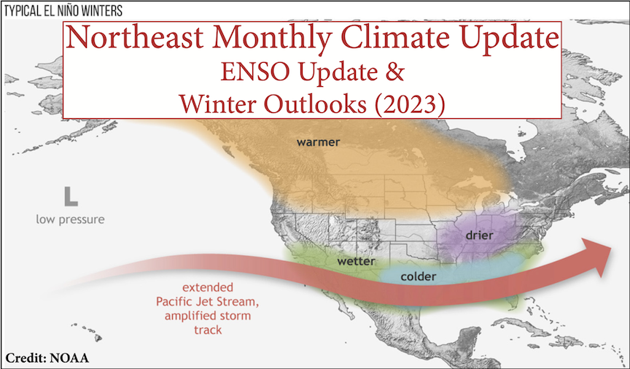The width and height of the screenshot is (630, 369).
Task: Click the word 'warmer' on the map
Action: click(x=318, y=142)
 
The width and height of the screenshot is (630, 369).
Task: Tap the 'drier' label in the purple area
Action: click(x=479, y=235)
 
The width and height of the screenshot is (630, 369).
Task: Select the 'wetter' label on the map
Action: click(x=356, y=262)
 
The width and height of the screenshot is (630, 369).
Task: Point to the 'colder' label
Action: click(x=419, y=276)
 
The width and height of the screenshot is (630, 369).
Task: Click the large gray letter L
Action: click(x=71, y=197)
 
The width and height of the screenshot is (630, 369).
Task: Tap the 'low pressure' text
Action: click(x=70, y=220)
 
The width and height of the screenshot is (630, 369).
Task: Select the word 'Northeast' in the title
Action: click(x=135, y=37)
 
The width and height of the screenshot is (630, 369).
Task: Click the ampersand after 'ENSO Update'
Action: click(x=395, y=72)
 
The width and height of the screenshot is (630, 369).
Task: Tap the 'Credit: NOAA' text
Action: click(x=47, y=358)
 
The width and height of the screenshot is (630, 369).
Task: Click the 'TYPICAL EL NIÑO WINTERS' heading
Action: click(x=63, y=11)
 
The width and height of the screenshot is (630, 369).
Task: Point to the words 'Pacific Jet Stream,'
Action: click(x=207, y=301)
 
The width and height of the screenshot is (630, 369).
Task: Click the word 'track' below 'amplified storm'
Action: click(x=208, y=330)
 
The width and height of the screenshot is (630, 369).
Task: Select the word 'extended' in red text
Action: click(x=207, y=287)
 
